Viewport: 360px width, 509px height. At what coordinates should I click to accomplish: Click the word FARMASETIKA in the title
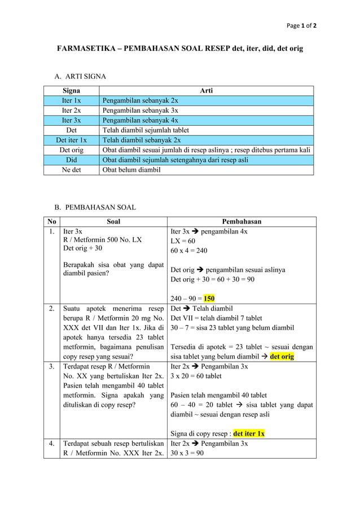pos(85,49)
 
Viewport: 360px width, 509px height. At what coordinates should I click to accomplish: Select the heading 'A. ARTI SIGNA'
pos(80,76)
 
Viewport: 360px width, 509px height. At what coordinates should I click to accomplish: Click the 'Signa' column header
pos(71,90)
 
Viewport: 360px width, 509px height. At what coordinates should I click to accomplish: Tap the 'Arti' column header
pos(206,90)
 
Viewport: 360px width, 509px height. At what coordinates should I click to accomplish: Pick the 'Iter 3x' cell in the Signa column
pos(71,120)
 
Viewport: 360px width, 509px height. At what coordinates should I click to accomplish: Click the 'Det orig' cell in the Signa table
pos(71,150)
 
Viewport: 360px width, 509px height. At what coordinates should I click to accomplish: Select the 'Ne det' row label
pos(71,170)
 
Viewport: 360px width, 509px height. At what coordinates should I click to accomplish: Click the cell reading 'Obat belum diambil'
pos(131,170)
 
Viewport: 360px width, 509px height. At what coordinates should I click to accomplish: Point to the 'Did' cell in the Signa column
pos(71,160)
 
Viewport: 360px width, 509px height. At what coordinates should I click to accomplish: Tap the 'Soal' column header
pos(113,222)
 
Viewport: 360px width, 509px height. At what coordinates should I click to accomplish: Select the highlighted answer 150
pos(209,299)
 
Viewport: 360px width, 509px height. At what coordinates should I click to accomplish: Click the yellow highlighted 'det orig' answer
pos(282,357)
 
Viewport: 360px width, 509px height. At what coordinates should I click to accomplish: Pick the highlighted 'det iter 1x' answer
pos(249,434)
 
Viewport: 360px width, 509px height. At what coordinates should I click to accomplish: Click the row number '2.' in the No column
pos(51,309)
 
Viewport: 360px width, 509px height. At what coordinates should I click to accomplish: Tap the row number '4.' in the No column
pos(51,444)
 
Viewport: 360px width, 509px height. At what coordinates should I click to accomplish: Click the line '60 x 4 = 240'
pos(189,251)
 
